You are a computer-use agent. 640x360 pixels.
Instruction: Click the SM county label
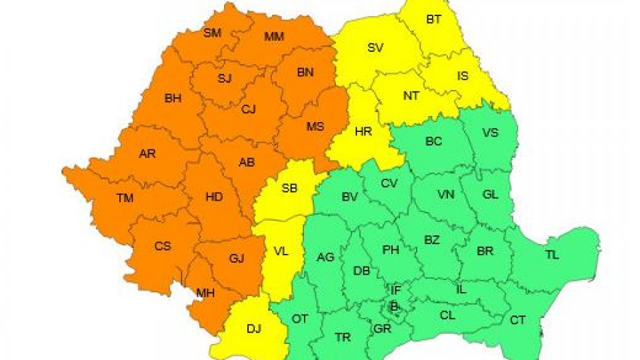point(212,32)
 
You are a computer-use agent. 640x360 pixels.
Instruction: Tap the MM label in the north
point(274,36)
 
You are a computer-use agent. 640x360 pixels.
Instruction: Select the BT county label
point(433,19)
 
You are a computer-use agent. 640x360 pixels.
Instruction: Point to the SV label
point(375,47)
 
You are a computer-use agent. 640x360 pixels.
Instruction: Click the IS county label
point(463,76)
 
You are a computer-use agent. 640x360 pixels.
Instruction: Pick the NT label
point(411,95)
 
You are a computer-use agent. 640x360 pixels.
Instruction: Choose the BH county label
point(173,99)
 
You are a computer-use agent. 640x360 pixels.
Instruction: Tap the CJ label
point(249,109)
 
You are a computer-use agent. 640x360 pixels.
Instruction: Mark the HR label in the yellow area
point(363,132)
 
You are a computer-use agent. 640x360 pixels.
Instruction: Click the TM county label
point(125,198)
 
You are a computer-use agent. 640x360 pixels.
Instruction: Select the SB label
point(289,189)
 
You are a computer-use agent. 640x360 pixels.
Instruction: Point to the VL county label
point(281,251)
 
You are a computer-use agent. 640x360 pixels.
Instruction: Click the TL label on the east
point(552,255)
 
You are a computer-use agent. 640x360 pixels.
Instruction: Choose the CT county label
point(517,320)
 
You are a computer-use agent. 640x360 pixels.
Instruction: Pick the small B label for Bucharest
point(394,306)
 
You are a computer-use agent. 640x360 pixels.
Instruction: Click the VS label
point(490,133)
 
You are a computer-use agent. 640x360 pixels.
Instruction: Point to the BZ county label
point(432,240)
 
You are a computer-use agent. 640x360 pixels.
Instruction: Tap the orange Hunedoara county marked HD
point(214,197)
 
